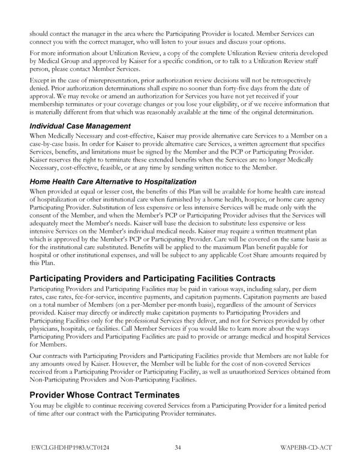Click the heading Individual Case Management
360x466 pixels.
[80, 126]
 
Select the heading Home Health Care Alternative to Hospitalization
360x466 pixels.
[113, 181]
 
